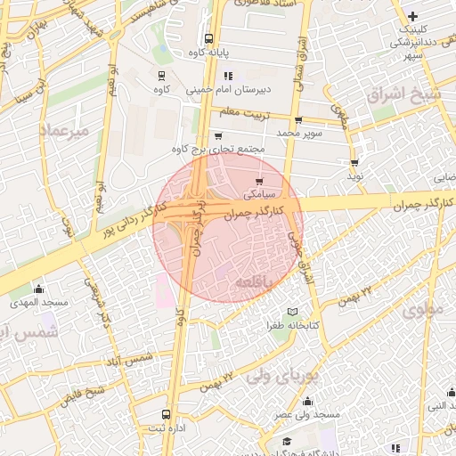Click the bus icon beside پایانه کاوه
point(208,39)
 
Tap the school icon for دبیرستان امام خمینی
point(228,77)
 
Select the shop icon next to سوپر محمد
point(297,120)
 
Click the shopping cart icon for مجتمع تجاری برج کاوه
point(218,136)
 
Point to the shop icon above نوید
point(354,163)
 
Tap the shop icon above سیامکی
point(259,182)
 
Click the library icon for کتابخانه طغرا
point(292,313)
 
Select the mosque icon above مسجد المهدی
point(38,289)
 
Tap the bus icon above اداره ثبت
point(166,415)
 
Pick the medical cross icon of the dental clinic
point(412,16)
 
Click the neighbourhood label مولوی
point(422,310)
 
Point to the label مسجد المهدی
point(41,302)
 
